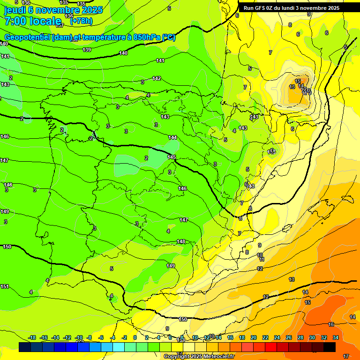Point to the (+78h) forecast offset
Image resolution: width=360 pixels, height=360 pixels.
point(81,21)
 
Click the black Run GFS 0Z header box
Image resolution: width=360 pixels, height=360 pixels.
point(292,7)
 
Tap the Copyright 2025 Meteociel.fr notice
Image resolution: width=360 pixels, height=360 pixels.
point(199,356)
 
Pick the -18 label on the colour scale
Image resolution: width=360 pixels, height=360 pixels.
point(32,337)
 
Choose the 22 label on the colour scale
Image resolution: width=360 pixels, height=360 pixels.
point(265,337)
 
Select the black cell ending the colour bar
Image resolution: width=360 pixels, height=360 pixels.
point(329,347)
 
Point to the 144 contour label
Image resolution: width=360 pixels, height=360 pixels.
point(173,137)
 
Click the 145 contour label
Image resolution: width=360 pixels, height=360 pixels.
point(171,157)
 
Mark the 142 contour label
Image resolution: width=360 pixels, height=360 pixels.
point(157,78)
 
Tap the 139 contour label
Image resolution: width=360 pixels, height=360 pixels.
point(87,50)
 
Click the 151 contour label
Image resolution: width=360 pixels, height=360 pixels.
point(5,286)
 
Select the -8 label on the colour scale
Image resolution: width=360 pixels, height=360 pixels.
point(89,337)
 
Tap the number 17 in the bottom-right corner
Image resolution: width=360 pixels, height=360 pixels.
point(346,356)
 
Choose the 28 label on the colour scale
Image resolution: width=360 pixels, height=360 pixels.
point(300,337)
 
